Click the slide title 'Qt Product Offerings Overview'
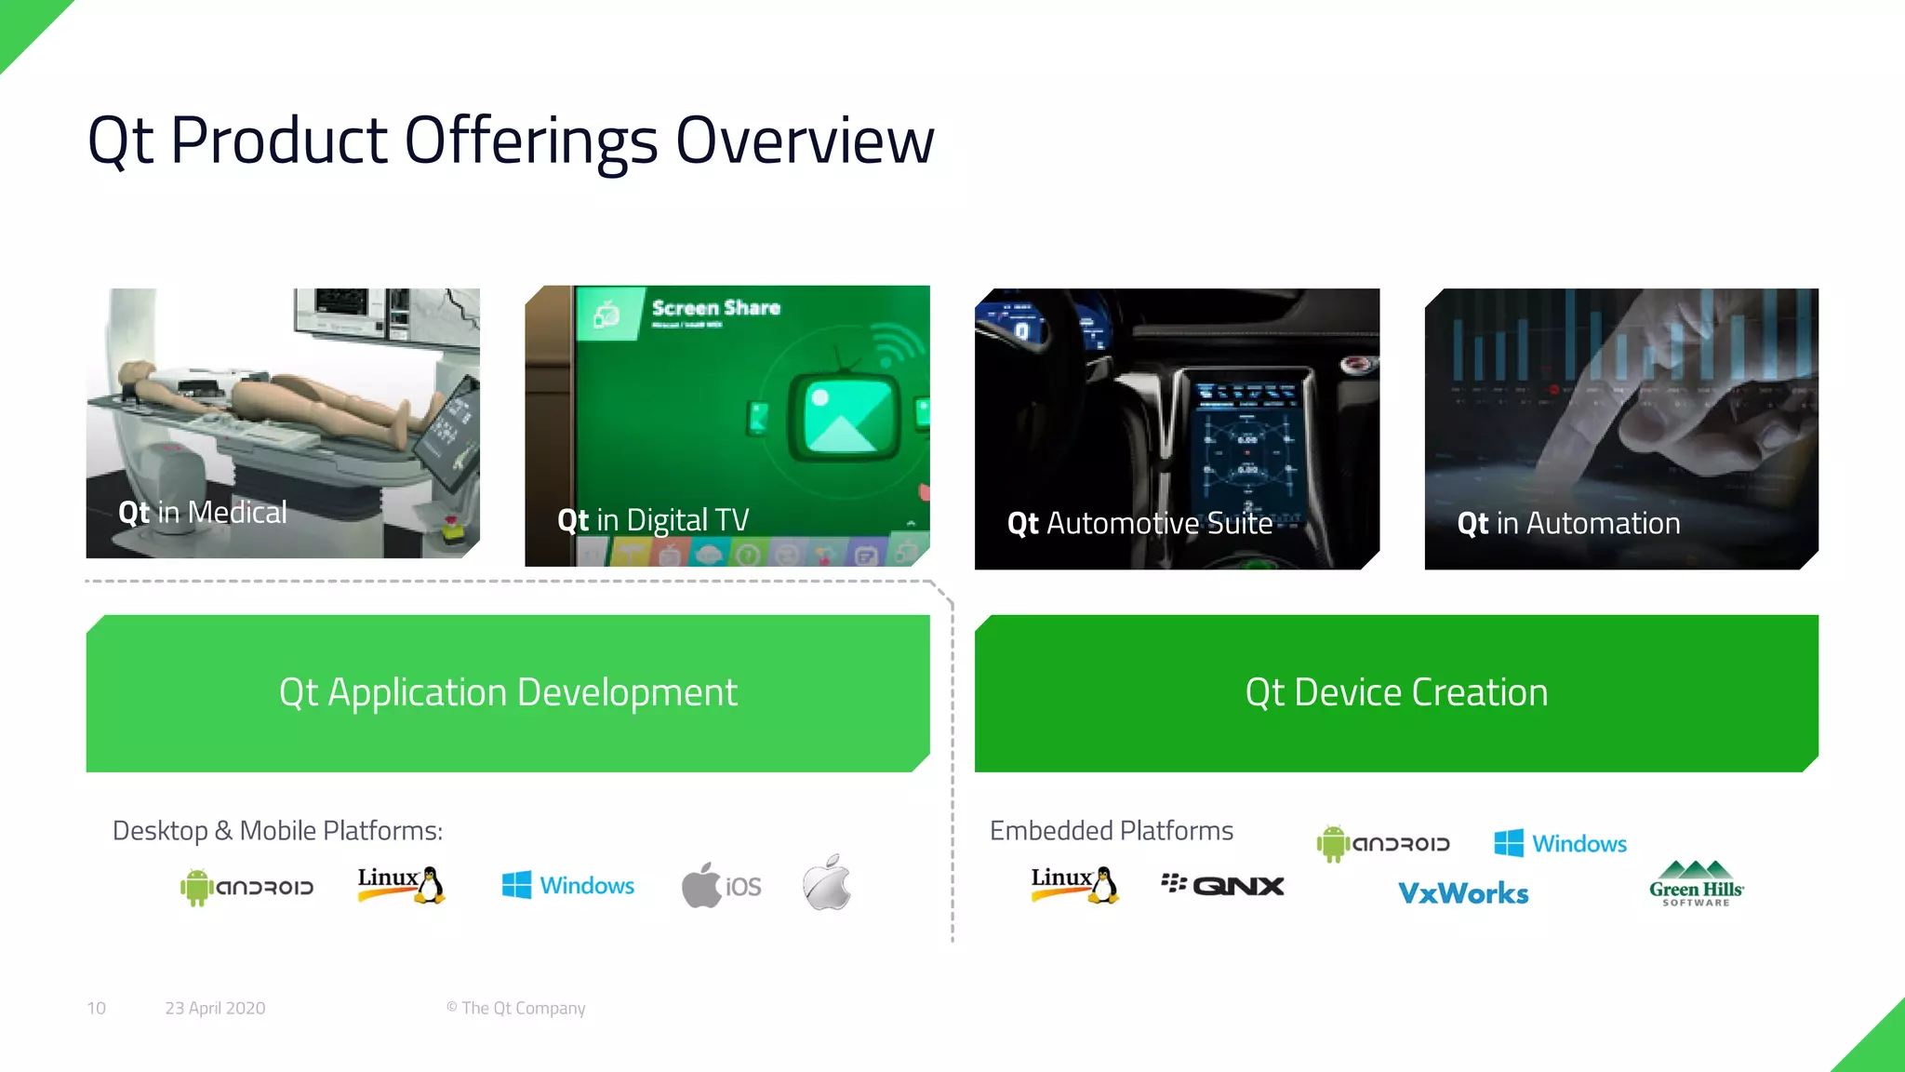click(x=510, y=141)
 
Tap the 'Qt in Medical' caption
click(x=203, y=512)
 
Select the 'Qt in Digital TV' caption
click(x=653, y=520)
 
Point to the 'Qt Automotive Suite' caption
click(x=1139, y=524)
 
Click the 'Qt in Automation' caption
click(x=1568, y=524)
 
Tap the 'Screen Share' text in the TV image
click(x=715, y=308)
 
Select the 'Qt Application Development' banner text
click(x=508, y=692)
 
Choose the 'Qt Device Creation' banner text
click(x=1396, y=692)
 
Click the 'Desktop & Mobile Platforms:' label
click(x=277, y=830)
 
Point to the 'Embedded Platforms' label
click(x=1112, y=830)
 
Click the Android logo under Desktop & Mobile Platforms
click(x=246, y=887)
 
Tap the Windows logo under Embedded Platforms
click(x=1560, y=843)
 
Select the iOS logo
click(x=722, y=885)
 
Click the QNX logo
click(x=1222, y=885)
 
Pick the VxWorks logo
click(x=1463, y=893)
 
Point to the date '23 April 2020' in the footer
click(x=215, y=1008)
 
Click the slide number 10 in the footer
click(x=96, y=1008)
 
